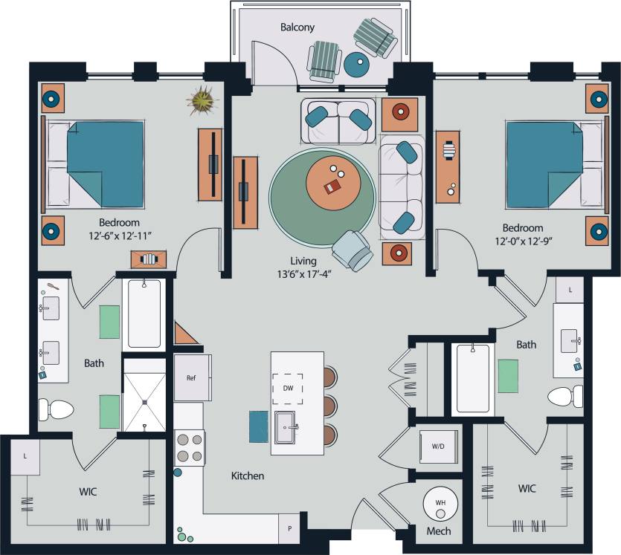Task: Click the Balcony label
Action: coord(297,27)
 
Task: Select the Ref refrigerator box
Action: coord(192,377)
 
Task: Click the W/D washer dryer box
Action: coord(439,446)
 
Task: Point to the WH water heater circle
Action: coord(440,504)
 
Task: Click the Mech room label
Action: coord(438,532)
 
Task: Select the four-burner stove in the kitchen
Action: coord(189,448)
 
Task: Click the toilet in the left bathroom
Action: coord(56,409)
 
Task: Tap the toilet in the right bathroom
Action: coord(566,397)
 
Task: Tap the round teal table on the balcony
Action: coord(356,66)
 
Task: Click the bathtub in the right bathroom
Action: coord(472,378)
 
